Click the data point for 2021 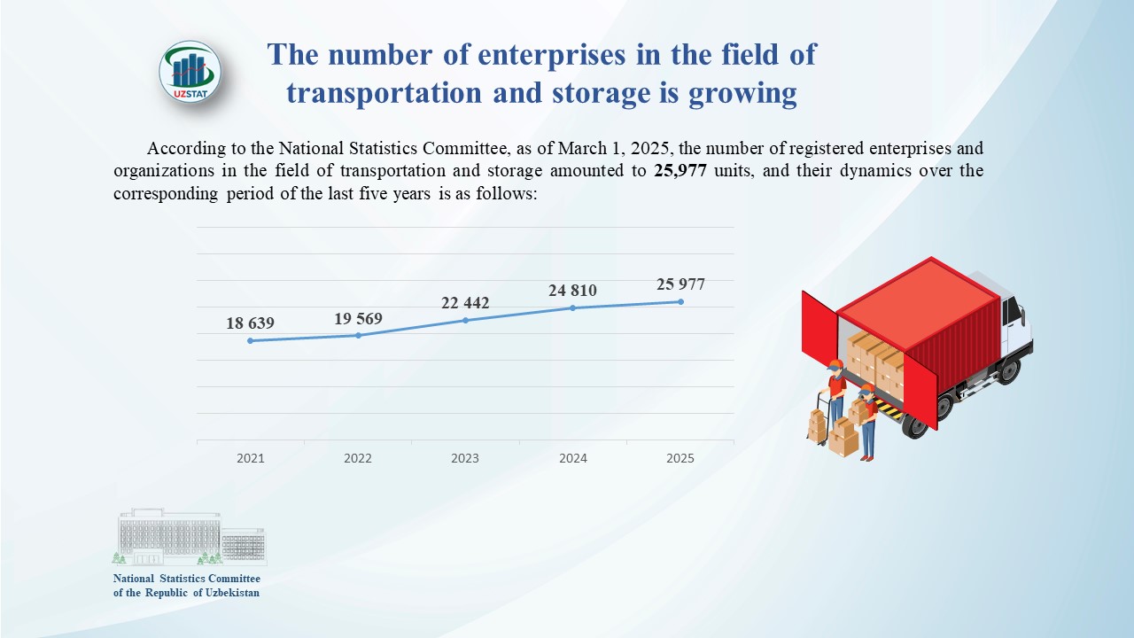tap(250, 340)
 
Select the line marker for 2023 tap(465, 320)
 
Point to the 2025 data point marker tap(680, 301)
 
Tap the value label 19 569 tap(358, 319)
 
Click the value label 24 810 tap(572, 291)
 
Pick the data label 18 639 tap(250, 324)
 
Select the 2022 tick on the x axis tap(358, 458)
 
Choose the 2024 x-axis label tap(572, 458)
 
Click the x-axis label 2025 tap(680, 458)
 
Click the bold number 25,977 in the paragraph tap(680, 171)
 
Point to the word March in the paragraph tap(580, 148)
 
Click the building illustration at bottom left tap(190, 537)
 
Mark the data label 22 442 tap(465, 304)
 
